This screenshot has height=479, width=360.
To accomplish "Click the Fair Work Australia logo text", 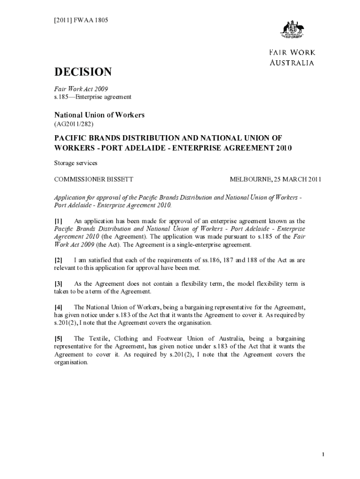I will point(292,58).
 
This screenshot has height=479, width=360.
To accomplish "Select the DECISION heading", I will point(83,72).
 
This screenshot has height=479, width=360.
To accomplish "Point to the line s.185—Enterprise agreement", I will point(93,97).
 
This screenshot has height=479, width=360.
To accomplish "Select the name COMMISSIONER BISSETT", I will point(94,180).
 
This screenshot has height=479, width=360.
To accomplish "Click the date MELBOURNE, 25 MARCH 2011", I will point(275,180).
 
